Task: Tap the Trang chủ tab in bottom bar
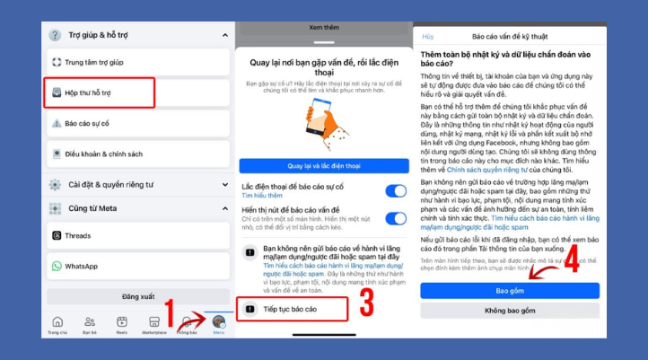(x=57, y=324)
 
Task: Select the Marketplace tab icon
(x=153, y=324)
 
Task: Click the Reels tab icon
(x=122, y=324)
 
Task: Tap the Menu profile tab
(x=218, y=324)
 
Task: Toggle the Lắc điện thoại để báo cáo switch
(x=395, y=190)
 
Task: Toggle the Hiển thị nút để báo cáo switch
(x=395, y=218)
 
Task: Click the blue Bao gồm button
(x=510, y=291)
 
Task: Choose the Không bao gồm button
(x=510, y=311)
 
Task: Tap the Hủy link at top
(x=428, y=37)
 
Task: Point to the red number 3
(x=366, y=302)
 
